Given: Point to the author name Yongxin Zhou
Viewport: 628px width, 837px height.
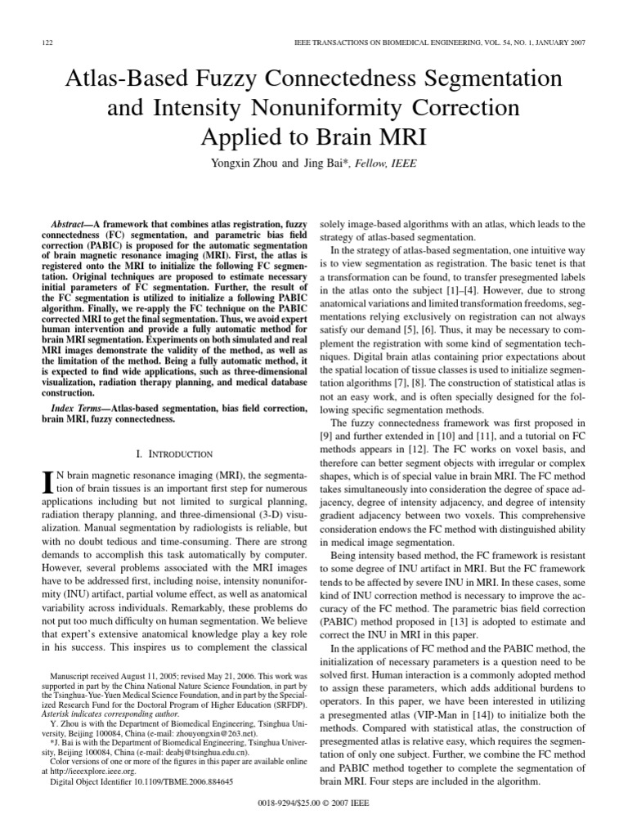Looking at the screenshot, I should [245, 163].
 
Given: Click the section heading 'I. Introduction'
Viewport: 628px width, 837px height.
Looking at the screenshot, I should [173, 454].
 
